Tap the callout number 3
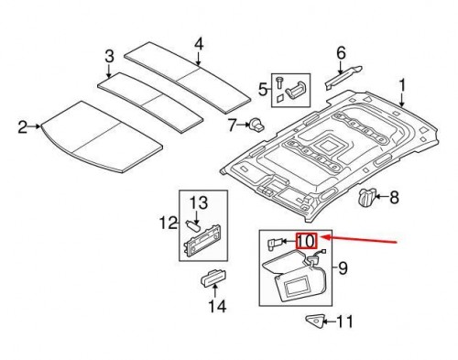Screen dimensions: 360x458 (x=109, y=57)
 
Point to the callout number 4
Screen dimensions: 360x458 (x=198, y=43)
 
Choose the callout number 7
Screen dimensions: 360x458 (x=232, y=124)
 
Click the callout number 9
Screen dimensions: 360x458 (x=344, y=268)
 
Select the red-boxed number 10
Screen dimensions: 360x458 (x=306, y=242)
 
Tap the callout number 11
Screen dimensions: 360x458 (x=344, y=321)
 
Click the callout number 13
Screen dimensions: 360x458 (x=200, y=202)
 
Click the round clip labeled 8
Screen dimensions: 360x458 (x=368, y=195)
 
